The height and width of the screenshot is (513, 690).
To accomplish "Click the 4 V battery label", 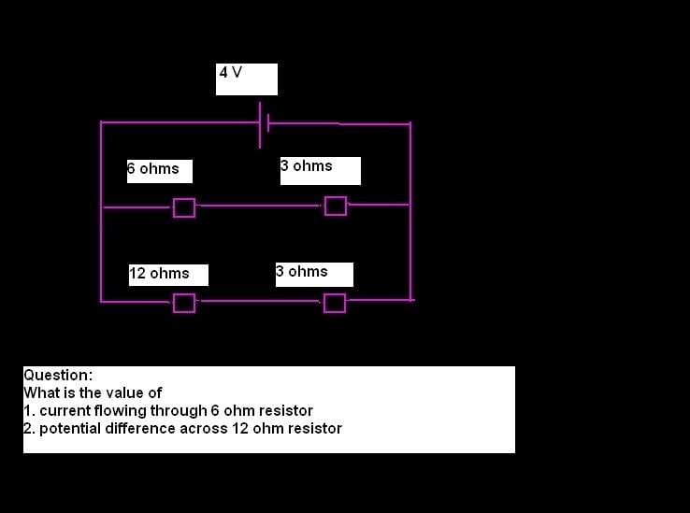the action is (x=231, y=72).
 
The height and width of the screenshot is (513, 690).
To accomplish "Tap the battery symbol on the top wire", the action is (x=264, y=125).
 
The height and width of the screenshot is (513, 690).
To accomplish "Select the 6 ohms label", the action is (x=153, y=168).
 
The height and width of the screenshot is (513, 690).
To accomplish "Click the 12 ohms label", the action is (x=159, y=273).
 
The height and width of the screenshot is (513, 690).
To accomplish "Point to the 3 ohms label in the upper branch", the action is (x=307, y=166).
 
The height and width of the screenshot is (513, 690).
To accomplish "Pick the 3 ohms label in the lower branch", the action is (x=302, y=272).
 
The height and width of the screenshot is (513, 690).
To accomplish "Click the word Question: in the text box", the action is (x=58, y=376).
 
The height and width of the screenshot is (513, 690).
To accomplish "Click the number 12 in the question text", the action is (x=240, y=429).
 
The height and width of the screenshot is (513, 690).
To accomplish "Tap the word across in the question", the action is (x=204, y=429).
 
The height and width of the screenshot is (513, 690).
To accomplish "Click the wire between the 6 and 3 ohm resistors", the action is (x=260, y=206).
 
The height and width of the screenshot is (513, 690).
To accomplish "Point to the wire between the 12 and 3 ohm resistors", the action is (x=260, y=302).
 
